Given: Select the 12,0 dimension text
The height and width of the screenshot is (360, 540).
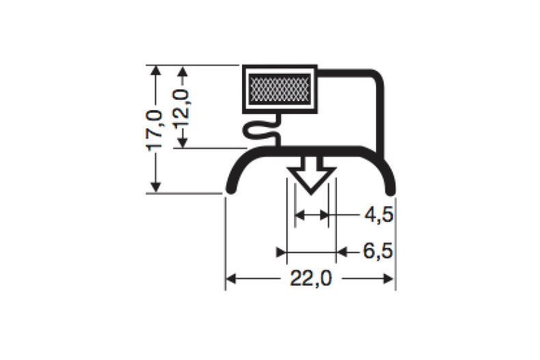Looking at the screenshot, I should point(182,107).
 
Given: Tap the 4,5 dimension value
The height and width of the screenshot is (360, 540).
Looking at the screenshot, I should point(378,217).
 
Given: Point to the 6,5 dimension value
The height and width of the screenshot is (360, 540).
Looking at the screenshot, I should point(378,252).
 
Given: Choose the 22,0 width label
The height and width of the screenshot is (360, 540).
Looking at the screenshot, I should point(310,279).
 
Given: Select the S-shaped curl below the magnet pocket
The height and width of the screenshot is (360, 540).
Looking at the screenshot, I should point(260,130).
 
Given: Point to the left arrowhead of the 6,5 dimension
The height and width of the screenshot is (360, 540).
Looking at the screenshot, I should point(281,253).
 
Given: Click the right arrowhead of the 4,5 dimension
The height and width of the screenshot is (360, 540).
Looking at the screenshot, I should point(324,217).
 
